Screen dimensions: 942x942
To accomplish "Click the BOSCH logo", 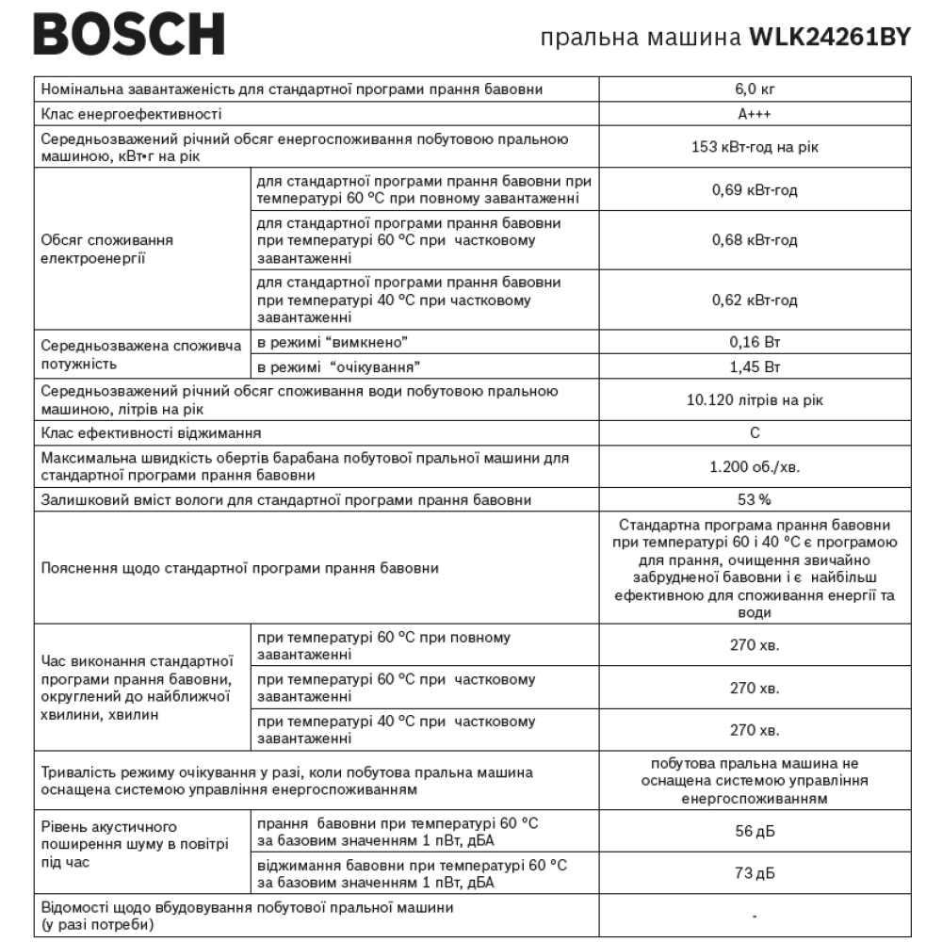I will tap(129, 35).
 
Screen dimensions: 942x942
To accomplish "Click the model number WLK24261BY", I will tap(830, 38).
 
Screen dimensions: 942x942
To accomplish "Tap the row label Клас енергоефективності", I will tap(132, 114).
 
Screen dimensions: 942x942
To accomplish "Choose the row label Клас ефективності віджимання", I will tap(152, 433).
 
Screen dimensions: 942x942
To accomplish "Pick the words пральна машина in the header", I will tap(641, 39).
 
